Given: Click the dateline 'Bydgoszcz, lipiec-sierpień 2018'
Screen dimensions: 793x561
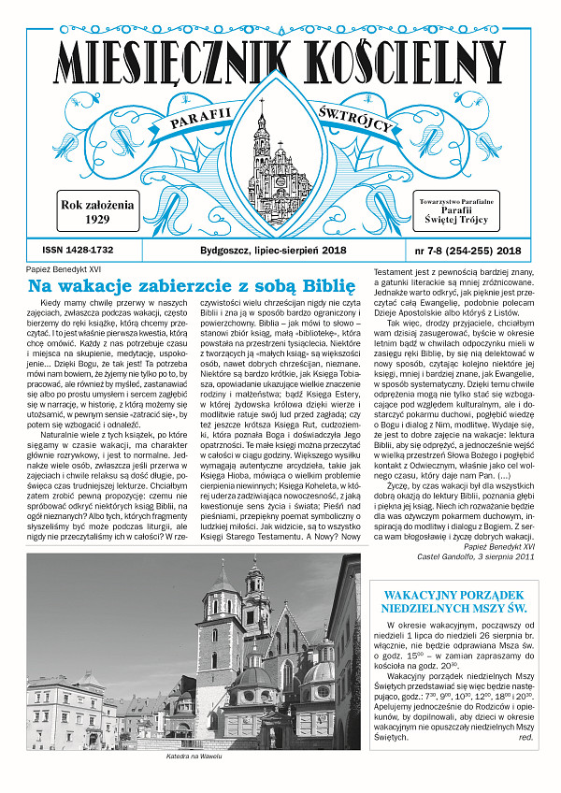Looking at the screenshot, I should pos(273,252).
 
